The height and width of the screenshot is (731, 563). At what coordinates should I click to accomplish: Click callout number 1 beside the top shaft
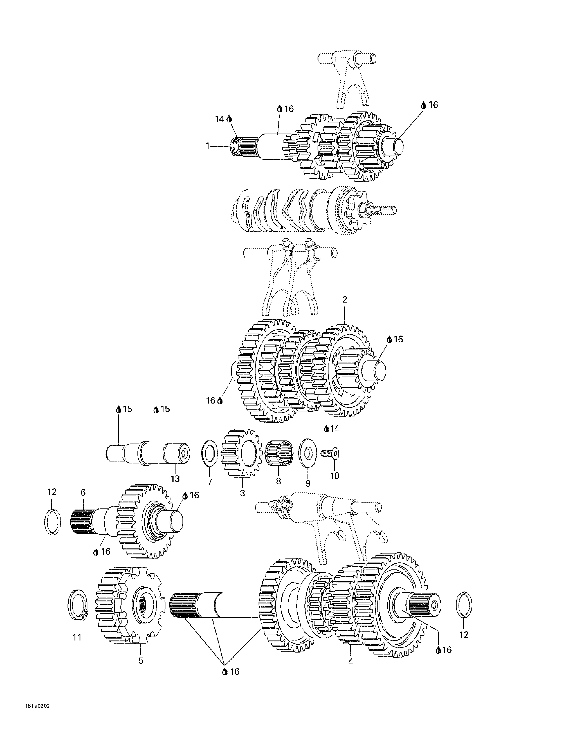(x=208, y=146)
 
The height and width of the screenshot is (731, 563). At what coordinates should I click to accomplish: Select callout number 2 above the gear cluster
(x=345, y=299)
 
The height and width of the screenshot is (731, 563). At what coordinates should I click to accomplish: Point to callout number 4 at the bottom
(x=350, y=661)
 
